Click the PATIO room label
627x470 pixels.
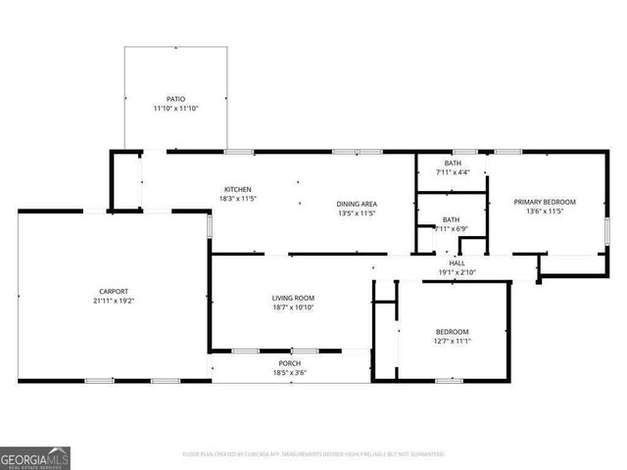pyautogui.click(x=175, y=99)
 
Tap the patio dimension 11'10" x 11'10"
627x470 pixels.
pyautogui.click(x=175, y=109)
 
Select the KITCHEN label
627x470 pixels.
pyautogui.click(x=238, y=189)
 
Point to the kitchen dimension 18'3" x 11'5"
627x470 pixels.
pyautogui.click(x=238, y=199)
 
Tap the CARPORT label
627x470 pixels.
pyautogui.click(x=113, y=291)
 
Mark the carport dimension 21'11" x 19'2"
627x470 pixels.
pyautogui.click(x=113, y=301)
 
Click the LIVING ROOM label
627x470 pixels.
pyautogui.click(x=293, y=298)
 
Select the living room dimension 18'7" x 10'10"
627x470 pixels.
pyautogui.click(x=293, y=307)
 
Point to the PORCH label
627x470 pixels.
pyautogui.click(x=291, y=363)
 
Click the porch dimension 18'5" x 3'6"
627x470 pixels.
pyautogui.click(x=291, y=373)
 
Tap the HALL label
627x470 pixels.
pyautogui.click(x=458, y=262)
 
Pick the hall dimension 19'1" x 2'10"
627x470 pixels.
pyautogui.click(x=458, y=272)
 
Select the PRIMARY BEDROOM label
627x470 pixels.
pyautogui.click(x=546, y=202)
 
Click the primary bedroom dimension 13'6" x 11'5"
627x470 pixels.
pyautogui.click(x=546, y=211)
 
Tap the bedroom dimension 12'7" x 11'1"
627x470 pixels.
pyautogui.click(x=452, y=341)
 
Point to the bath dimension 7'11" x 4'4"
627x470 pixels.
pyautogui.click(x=453, y=172)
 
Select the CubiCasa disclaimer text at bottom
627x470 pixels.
pyautogui.click(x=313, y=454)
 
